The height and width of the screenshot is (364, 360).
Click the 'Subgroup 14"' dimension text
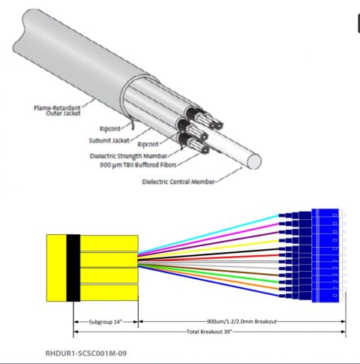[x=106, y=321]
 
